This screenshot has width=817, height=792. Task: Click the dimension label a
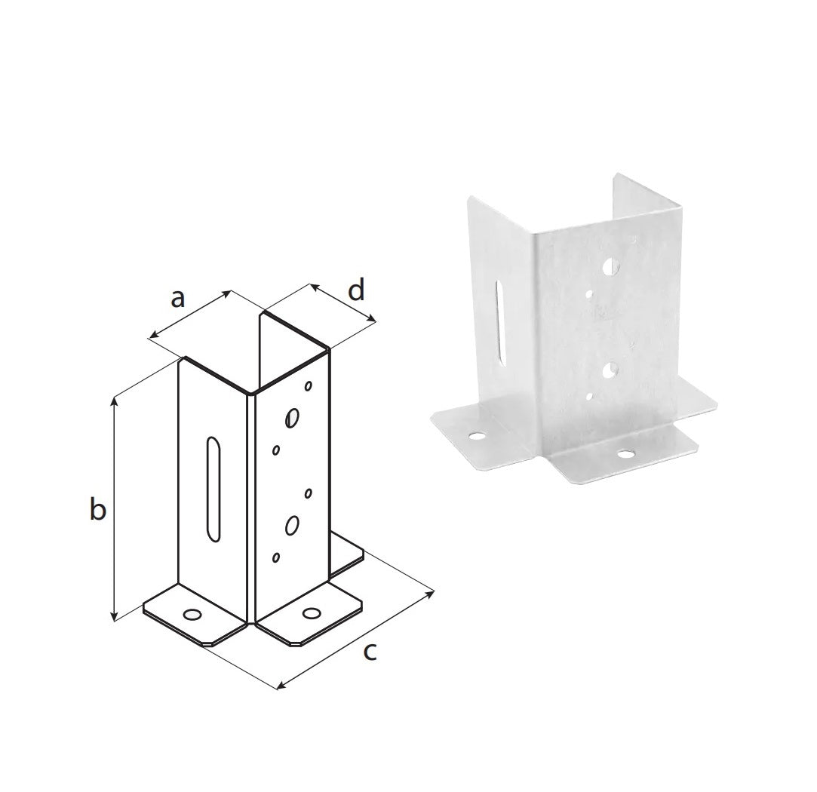point(178,299)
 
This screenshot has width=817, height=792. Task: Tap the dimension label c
point(370,652)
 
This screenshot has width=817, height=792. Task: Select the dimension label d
point(356,290)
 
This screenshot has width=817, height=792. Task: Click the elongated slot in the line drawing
point(213,490)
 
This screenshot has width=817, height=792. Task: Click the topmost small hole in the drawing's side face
point(308,386)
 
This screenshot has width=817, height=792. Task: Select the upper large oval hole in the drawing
point(292,417)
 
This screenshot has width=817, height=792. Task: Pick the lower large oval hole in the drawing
point(292,525)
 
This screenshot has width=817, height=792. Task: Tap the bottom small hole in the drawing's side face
point(276,557)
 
